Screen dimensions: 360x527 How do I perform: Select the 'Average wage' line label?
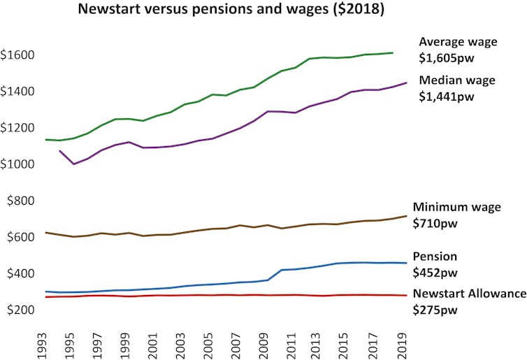click(457, 42)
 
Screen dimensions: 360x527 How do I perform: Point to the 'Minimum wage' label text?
click(456, 207)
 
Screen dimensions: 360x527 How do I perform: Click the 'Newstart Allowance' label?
click(469, 294)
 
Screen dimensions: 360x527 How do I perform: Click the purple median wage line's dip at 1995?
click(73, 164)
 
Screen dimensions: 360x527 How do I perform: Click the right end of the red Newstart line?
click(407, 296)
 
